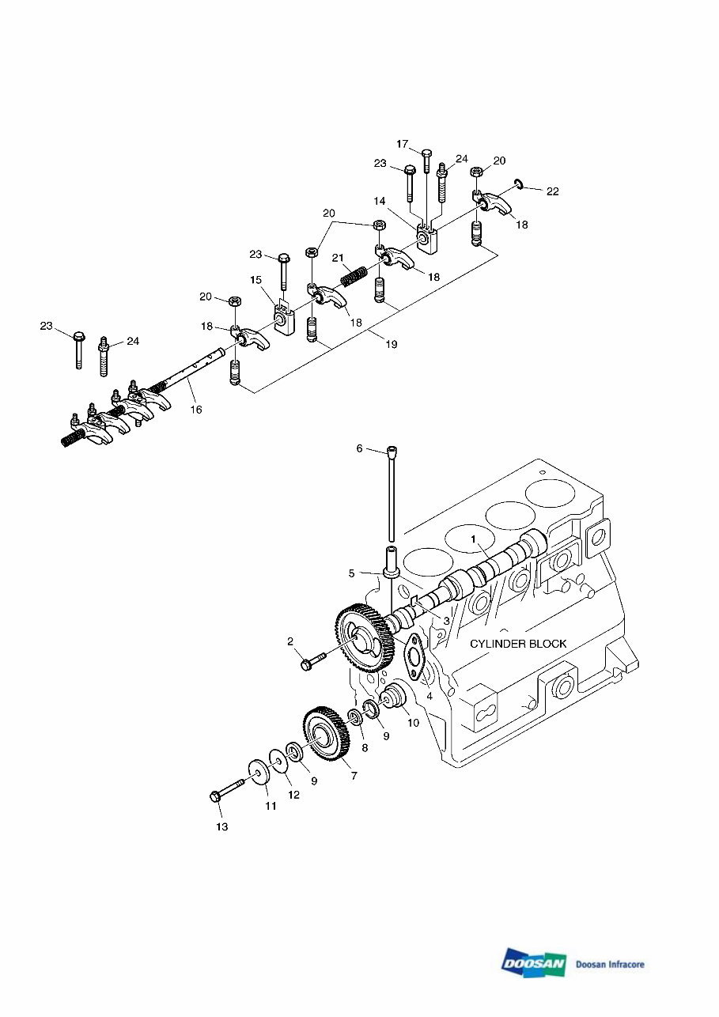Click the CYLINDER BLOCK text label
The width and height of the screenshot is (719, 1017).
[x=518, y=644]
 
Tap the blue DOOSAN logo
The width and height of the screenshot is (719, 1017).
[x=533, y=963]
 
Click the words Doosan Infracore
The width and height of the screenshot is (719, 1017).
[x=610, y=964]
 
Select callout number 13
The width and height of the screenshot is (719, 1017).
[x=221, y=826]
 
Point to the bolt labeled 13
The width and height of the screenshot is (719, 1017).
[x=230, y=790]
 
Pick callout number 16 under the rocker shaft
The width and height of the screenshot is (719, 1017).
[x=195, y=409]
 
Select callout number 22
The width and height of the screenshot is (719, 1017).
[x=552, y=191]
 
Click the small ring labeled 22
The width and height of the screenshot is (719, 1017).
[x=519, y=185]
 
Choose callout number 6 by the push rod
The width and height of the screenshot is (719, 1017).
[x=359, y=448]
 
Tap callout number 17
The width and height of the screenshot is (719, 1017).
[x=403, y=144]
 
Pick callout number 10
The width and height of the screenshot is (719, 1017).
[x=413, y=723]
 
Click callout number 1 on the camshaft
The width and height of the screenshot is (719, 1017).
[x=475, y=539]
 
